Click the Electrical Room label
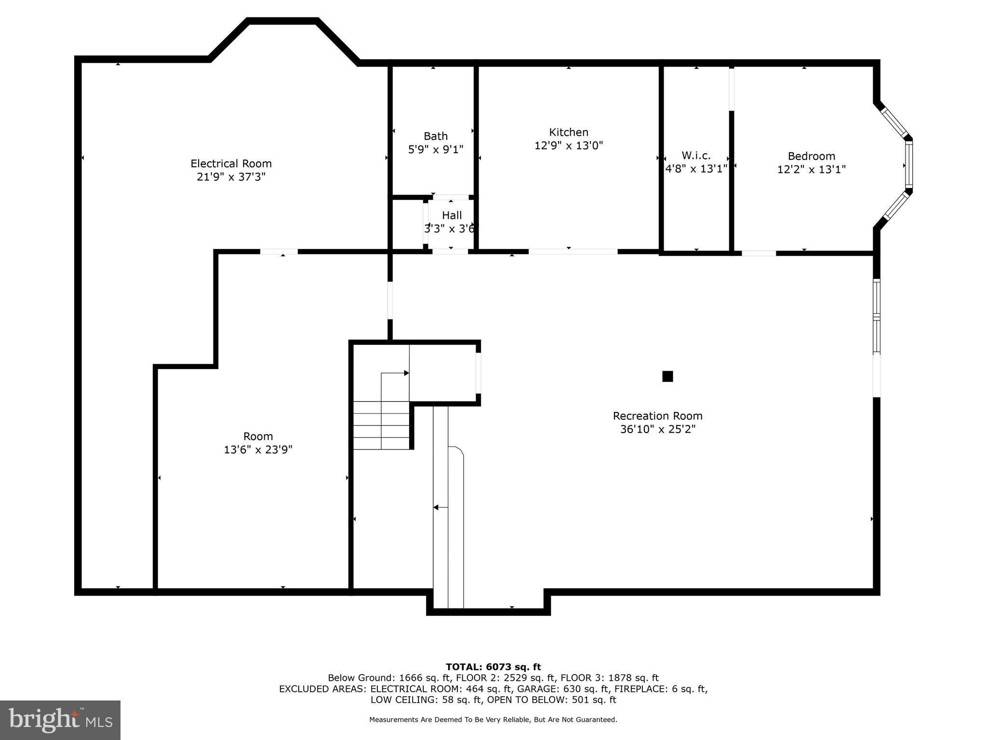(231, 164)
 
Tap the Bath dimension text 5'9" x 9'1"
(436, 149)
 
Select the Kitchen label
(569, 132)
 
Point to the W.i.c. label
(696, 156)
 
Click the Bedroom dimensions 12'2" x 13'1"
(811, 170)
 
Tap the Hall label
(452, 215)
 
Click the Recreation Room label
(657, 416)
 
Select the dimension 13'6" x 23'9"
(258, 450)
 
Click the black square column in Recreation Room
(667, 376)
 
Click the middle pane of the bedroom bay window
(908, 165)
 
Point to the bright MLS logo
(60, 720)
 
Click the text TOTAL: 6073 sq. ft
(493, 667)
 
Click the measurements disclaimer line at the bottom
(493, 720)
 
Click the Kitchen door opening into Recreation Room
(573, 251)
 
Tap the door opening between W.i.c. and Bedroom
(732, 89)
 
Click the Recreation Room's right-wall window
(877, 318)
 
